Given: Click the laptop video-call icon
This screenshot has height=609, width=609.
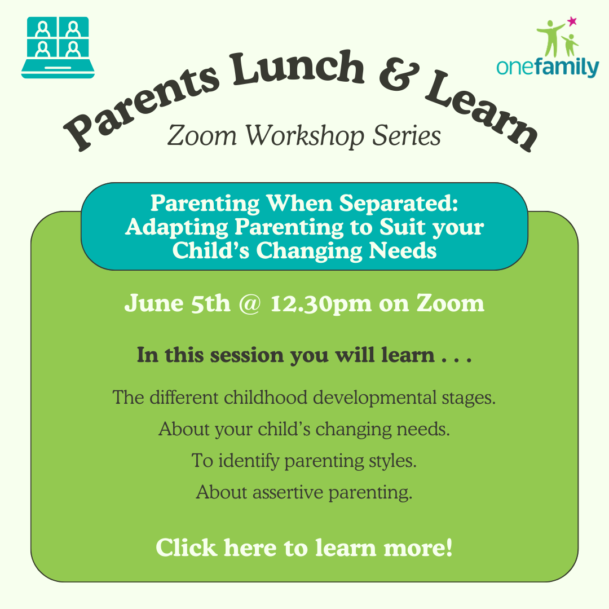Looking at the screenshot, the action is (58, 47).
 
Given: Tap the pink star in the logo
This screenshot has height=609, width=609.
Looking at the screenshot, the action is (572, 21).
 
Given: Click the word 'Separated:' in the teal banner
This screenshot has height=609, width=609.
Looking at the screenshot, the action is (399, 204).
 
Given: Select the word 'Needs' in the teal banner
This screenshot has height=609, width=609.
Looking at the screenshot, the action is (403, 250).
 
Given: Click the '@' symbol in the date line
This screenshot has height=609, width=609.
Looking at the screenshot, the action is (250, 303).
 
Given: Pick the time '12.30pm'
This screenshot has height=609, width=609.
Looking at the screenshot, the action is (321, 304).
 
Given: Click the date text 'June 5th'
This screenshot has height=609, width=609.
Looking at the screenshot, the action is (178, 303).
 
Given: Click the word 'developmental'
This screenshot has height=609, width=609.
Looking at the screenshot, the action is (375, 398).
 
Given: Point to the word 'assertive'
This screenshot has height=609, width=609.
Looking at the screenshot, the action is (288, 492).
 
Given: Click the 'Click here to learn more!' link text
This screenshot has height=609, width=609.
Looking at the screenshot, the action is (304, 548).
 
